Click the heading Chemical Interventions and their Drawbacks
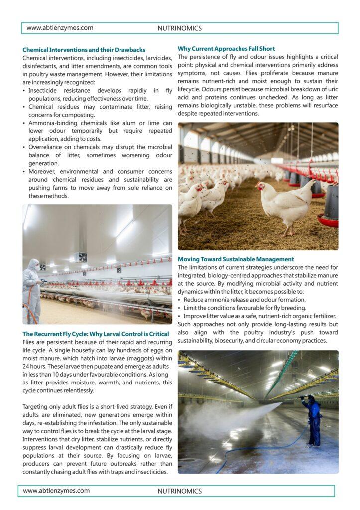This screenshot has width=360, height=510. point(84,50)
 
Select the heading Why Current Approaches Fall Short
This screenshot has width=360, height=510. point(226,49)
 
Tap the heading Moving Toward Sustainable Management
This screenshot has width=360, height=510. point(236,259)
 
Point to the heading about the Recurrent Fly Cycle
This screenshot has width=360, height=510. point(96,334)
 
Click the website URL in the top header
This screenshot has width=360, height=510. point(60,28)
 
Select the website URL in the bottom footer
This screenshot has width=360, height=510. point(56,491)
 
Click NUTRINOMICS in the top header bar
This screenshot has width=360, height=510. point(180,28)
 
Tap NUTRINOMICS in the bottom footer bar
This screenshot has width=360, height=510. point(180,491)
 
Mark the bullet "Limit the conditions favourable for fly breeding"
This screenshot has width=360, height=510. point(244,308)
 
